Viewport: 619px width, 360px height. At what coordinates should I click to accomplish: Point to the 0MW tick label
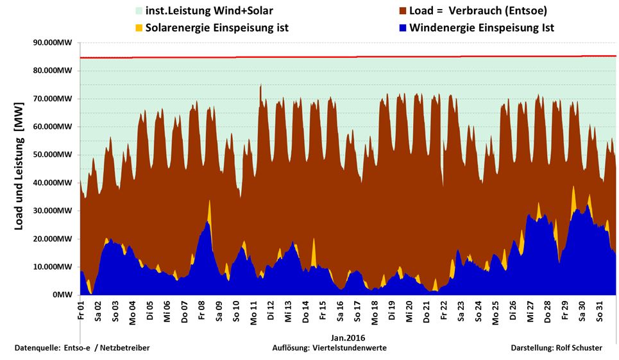click(63, 295)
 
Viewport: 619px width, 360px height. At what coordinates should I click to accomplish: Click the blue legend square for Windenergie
click(402, 28)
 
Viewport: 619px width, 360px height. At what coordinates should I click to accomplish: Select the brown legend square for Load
click(402, 11)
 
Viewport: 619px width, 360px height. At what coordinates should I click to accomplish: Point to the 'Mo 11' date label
click(254, 311)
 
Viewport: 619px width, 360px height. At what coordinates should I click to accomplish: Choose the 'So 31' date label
click(600, 311)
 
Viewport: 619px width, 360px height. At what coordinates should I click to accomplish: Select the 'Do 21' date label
click(427, 311)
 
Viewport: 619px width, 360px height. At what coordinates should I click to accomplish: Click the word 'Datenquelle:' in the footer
click(38, 348)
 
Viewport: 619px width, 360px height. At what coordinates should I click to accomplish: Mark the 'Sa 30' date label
click(582, 311)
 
